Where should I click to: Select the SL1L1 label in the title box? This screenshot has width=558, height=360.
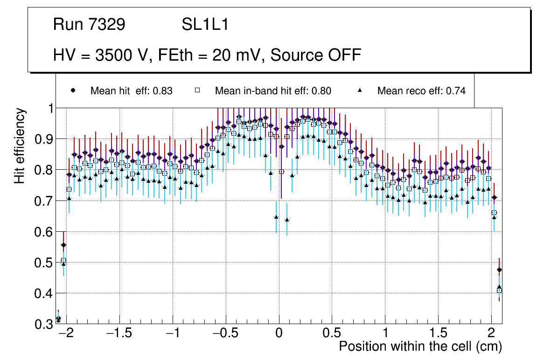point(205,25)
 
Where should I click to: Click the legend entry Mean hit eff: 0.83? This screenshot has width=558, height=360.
point(132,91)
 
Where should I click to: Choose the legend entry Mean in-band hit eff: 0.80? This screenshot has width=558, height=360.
point(273,91)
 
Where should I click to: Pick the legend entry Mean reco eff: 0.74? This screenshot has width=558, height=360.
point(421,91)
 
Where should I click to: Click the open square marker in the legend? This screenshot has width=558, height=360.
point(197,90)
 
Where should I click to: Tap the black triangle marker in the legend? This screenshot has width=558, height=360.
point(360,90)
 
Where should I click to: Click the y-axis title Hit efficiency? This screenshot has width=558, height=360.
point(20,145)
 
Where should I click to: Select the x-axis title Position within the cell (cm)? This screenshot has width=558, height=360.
point(420,347)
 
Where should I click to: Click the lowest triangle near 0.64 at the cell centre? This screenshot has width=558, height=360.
point(287,220)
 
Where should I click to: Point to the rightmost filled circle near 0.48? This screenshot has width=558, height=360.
point(500,270)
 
